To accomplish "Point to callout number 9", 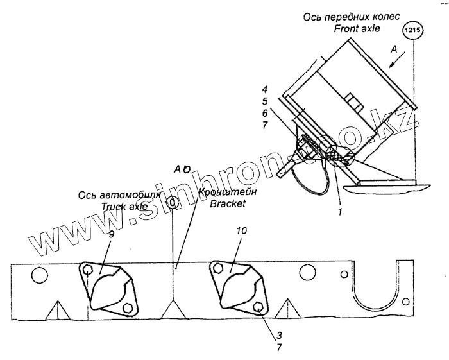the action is [111, 235].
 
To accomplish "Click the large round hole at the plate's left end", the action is [38, 276].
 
